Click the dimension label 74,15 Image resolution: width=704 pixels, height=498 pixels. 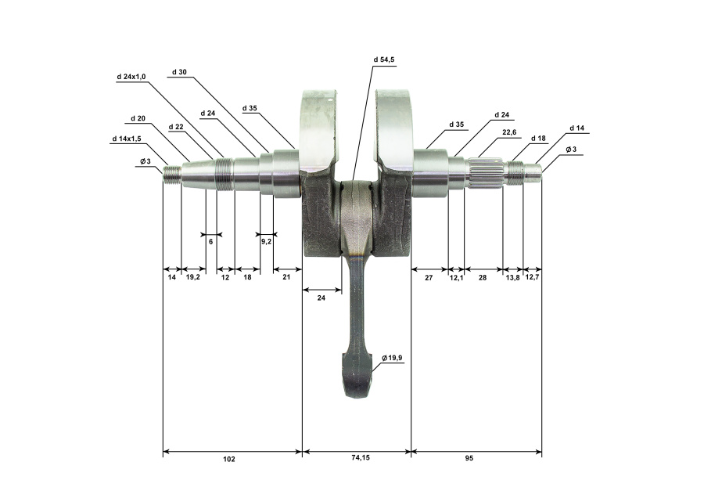tap(360, 458)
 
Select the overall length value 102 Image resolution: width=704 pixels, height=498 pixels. tap(228, 459)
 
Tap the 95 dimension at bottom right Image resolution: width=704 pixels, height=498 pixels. tap(469, 458)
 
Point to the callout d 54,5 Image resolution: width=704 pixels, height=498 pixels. tap(384, 60)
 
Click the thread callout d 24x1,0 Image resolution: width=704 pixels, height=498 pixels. tap(131, 77)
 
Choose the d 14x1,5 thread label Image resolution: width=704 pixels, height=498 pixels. tap(126, 139)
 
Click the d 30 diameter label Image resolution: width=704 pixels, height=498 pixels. tap(179, 72)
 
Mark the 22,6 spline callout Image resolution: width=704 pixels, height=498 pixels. tap(509, 132)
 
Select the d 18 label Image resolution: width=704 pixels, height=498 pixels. tap(538, 138)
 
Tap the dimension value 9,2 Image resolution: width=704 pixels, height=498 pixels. tap(266, 242)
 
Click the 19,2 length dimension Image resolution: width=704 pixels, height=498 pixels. tap(192, 277)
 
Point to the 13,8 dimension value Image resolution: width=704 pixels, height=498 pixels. tap(512, 278)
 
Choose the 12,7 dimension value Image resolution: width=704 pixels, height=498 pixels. tap(532, 277)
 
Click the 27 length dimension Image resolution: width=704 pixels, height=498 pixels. tap(429, 278)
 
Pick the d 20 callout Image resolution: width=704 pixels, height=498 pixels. tap(138, 119)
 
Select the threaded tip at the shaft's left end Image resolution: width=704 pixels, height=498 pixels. tap(172, 175)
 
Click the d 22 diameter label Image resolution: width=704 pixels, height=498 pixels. tap(176, 127)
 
